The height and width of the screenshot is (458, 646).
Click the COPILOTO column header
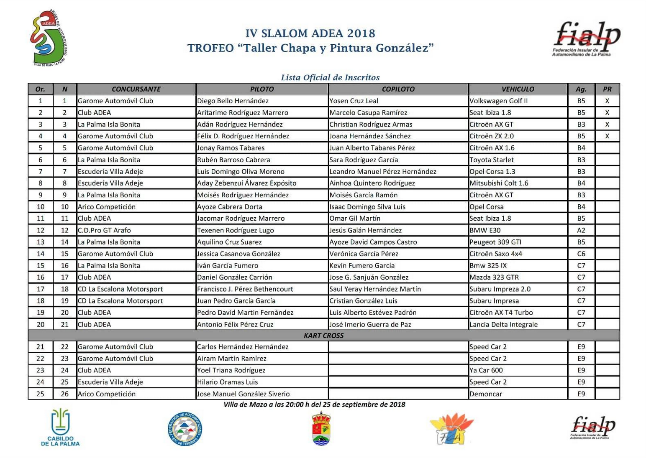tap(398, 89)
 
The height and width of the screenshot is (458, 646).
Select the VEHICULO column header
tap(518, 89)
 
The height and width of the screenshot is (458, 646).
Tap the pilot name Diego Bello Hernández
tap(233, 101)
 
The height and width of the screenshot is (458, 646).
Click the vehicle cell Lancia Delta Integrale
tap(503, 324)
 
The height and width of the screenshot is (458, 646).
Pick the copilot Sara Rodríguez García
tap(364, 160)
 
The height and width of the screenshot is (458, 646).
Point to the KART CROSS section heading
tap(323, 336)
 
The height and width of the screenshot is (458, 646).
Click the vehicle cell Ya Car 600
tap(486, 370)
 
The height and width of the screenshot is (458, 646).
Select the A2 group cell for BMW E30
tap(581, 230)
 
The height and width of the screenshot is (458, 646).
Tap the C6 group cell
tap(581, 254)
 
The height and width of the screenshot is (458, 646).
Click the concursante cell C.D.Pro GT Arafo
tap(104, 230)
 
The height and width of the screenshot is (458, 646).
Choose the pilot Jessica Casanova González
tap(238, 254)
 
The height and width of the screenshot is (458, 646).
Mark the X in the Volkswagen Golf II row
tap(607, 101)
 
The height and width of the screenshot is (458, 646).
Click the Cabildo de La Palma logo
tap(60, 427)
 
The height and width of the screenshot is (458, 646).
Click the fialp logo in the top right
tap(587, 38)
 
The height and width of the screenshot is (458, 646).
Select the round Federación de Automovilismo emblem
tap(185, 429)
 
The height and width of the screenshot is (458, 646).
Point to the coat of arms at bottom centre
tap(321, 429)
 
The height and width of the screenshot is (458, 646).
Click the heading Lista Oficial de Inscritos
tap(330, 77)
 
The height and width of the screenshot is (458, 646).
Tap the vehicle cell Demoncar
tap(485, 394)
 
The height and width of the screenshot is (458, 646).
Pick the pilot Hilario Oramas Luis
tap(227, 382)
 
